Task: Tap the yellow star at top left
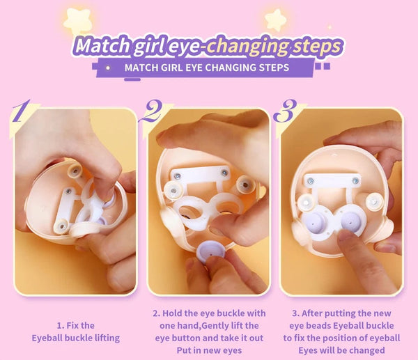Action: [x=77, y=21]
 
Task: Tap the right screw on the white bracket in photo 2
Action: [x=224, y=171]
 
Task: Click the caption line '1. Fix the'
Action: [x=75, y=324]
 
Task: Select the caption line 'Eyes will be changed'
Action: [x=341, y=350]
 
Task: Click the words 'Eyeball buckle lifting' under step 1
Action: [x=75, y=338]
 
